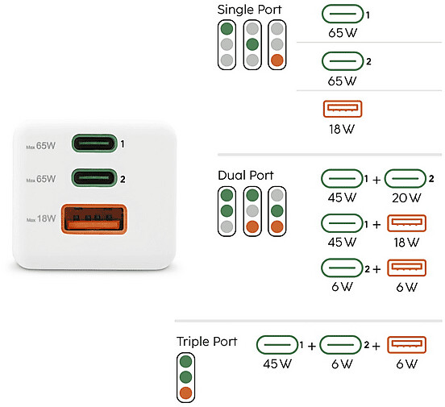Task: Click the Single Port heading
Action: pyautogui.click(x=249, y=10)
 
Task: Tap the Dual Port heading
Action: pyautogui.click(x=246, y=175)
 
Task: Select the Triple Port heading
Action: pyautogui.click(x=206, y=342)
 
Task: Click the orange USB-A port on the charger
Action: pyautogui.click(x=94, y=219)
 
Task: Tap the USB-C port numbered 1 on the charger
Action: pyautogui.click(x=94, y=143)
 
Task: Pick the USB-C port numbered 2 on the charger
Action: pyautogui.click(x=94, y=178)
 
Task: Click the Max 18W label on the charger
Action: pyautogui.click(x=41, y=219)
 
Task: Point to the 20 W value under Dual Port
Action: pyautogui.click(x=406, y=197)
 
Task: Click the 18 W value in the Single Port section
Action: pyautogui.click(x=342, y=130)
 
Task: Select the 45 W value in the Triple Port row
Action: pyautogui.click(x=277, y=363)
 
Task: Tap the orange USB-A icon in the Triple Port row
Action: pyautogui.click(x=406, y=345)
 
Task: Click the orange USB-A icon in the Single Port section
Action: pyautogui.click(x=343, y=109)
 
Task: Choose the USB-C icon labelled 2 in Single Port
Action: pyautogui.click(x=343, y=61)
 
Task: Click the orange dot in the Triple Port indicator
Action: pyautogui.click(x=186, y=393)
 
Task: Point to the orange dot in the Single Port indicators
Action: pyautogui.click(x=277, y=60)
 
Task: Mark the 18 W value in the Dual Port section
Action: pyautogui.click(x=406, y=243)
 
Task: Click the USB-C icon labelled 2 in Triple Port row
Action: pyautogui.click(x=340, y=345)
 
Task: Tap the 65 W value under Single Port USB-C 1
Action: pyautogui.click(x=343, y=33)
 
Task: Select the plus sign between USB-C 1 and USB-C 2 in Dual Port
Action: pyautogui.click(x=376, y=180)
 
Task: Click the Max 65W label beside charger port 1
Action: pyautogui.click(x=41, y=146)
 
